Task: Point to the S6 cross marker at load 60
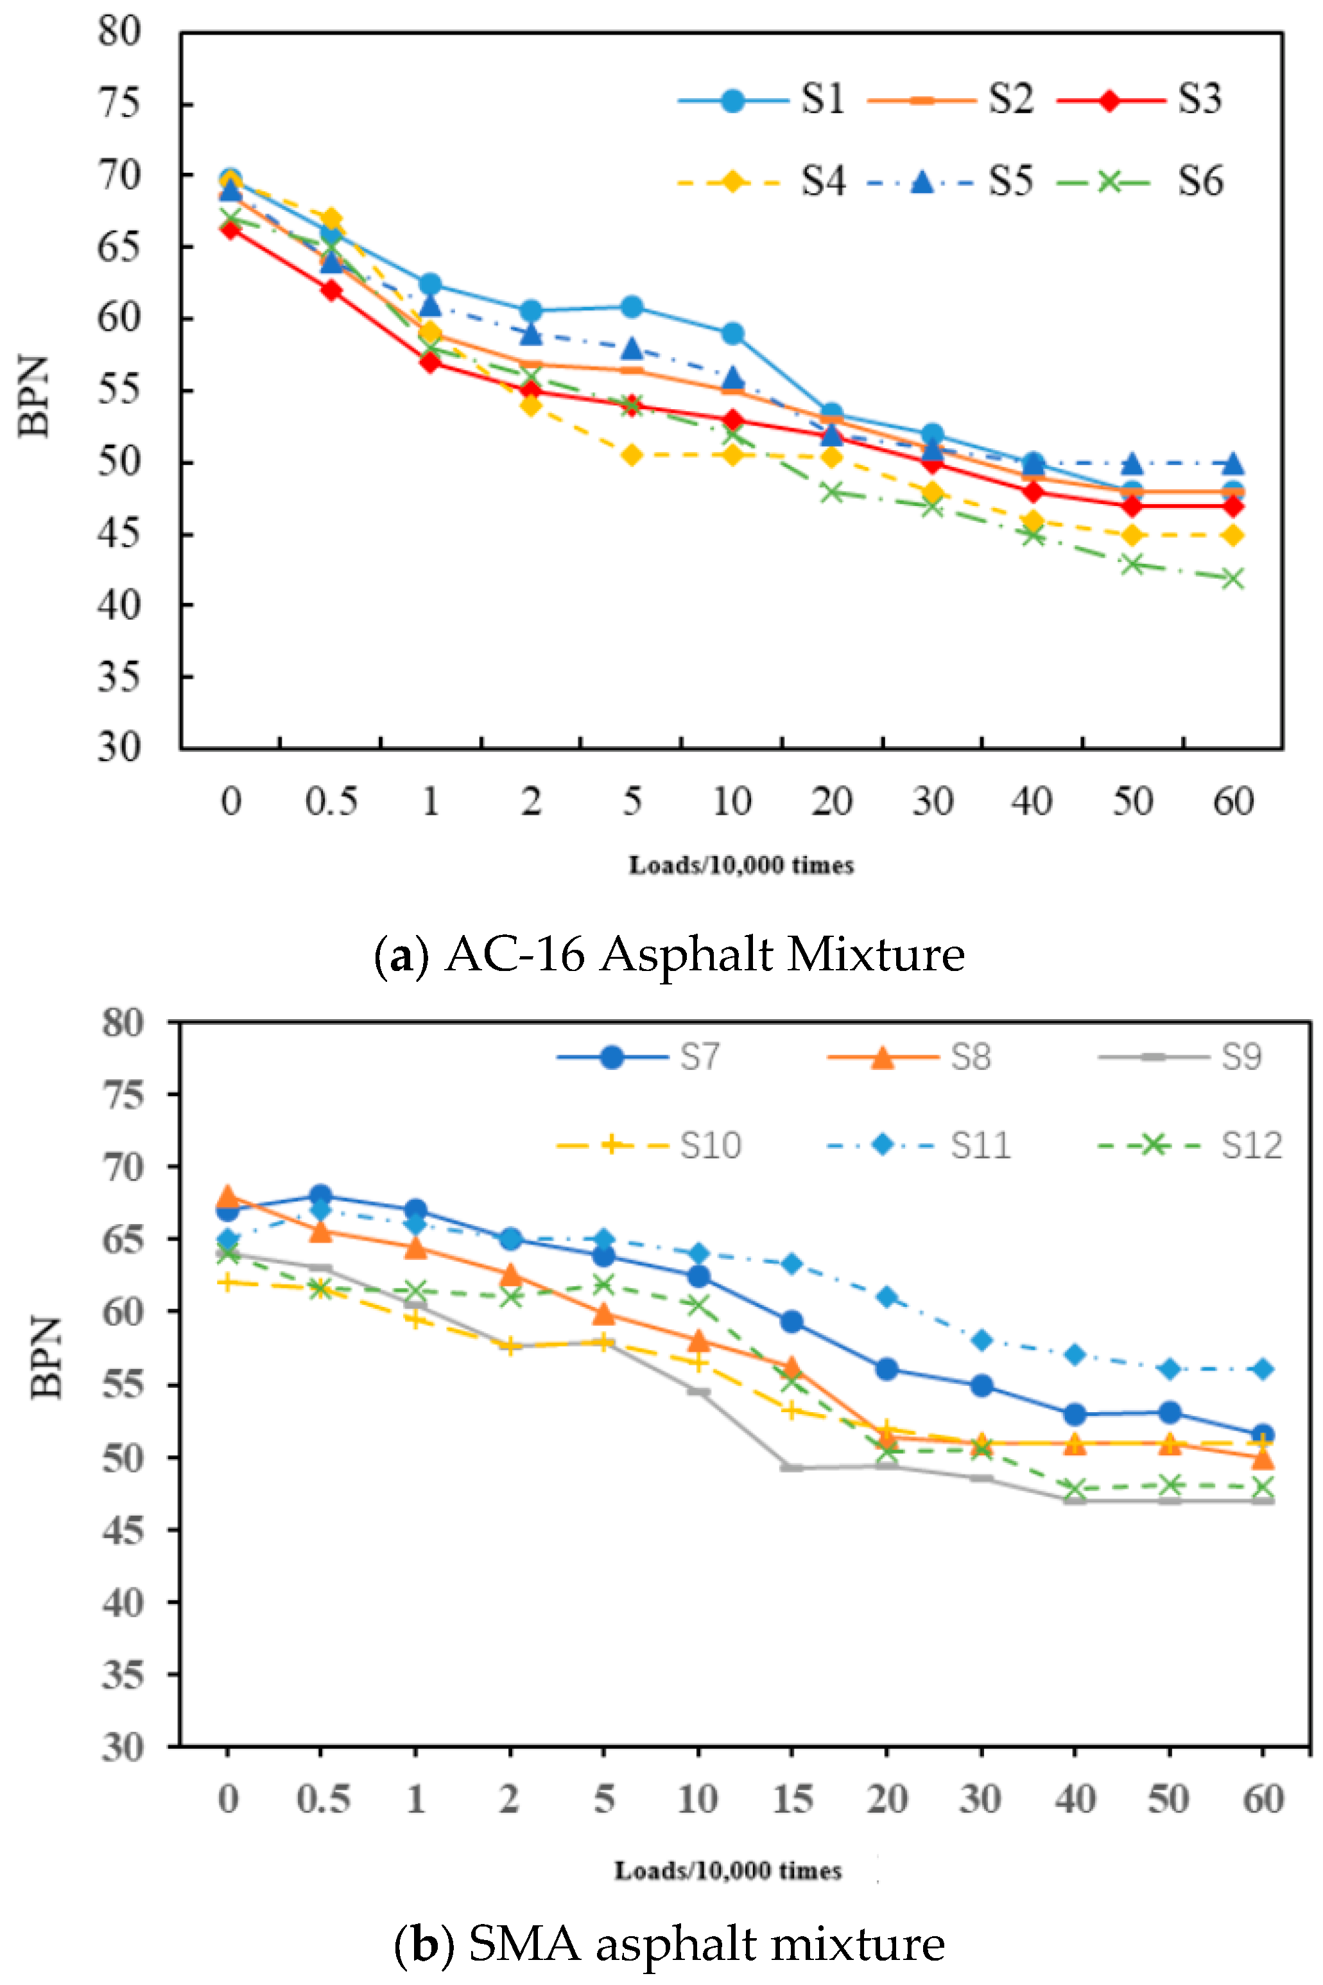click(x=1232, y=579)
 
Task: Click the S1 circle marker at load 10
click(x=732, y=333)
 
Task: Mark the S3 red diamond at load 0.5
click(x=331, y=290)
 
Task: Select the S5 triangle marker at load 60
click(x=1232, y=463)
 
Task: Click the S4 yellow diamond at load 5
click(x=632, y=456)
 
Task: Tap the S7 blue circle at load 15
click(x=791, y=1322)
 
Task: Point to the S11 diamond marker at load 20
click(x=886, y=1297)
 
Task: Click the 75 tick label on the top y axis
click(x=118, y=104)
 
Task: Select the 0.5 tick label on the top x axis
click(x=331, y=801)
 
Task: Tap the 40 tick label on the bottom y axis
click(x=123, y=1602)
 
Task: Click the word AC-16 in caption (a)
click(x=515, y=954)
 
